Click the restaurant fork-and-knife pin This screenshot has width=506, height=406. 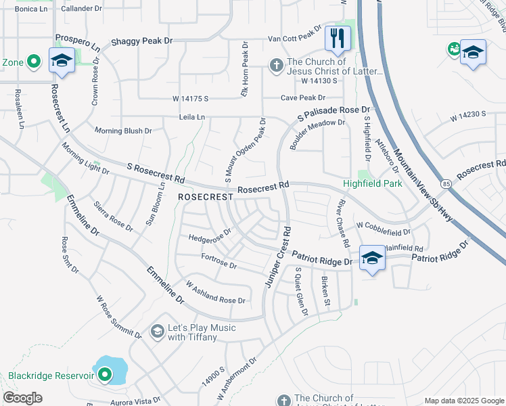338,38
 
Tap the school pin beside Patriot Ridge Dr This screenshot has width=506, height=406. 372,258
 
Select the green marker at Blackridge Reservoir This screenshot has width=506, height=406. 104,374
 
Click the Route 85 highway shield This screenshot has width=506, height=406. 446,183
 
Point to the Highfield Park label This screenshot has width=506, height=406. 372,183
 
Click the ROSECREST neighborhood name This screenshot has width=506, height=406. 205,196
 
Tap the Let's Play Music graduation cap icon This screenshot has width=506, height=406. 157,330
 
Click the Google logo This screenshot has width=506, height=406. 23,398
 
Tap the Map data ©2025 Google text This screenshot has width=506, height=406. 463,401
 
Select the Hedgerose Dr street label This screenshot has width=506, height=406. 210,234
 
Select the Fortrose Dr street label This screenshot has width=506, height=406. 218,261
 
